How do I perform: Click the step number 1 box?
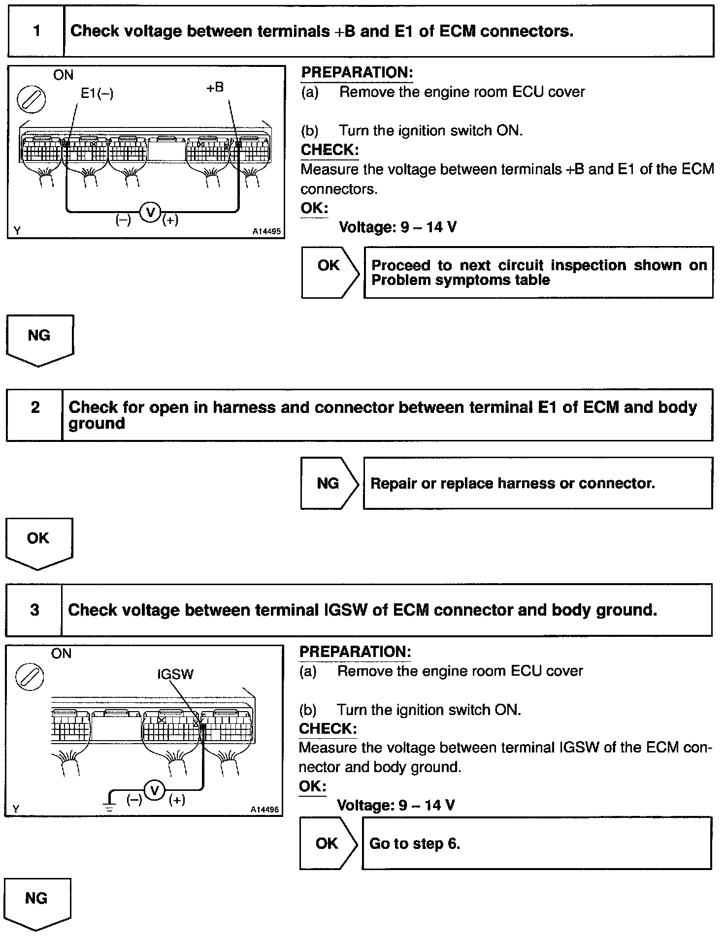(36, 31)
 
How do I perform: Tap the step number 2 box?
(34, 415)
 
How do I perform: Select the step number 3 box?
(34, 610)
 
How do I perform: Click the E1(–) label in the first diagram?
(97, 94)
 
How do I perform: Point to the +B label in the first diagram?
(215, 88)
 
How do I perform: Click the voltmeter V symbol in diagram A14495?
(151, 212)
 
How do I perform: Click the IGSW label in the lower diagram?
(175, 674)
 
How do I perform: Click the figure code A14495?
(266, 231)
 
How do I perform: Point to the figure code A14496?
(264, 809)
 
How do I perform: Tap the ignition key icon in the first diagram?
(32, 99)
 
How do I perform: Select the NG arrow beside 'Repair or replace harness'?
(329, 483)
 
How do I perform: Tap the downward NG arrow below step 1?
(39, 340)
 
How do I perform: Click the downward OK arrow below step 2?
(38, 542)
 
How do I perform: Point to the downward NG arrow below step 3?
(37, 903)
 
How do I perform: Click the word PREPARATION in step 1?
(357, 72)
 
